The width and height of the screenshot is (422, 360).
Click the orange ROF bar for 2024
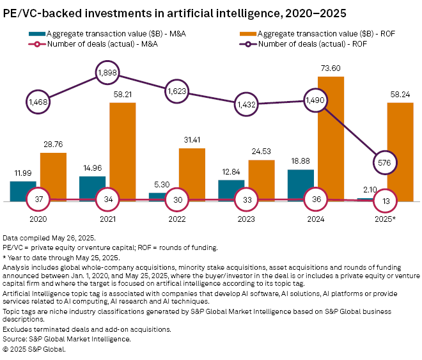coord(331,139)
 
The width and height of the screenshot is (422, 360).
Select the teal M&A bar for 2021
coord(92,189)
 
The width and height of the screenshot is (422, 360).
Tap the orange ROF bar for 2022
coord(192,175)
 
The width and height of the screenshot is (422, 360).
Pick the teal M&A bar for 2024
coord(301,185)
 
